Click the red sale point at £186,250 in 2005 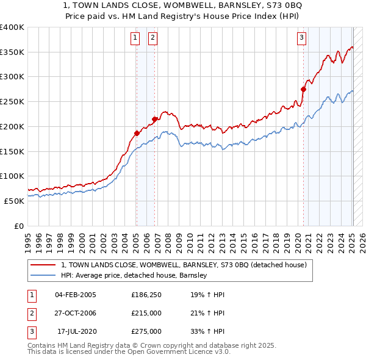(x=137, y=133)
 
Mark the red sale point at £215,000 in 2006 (x=155, y=119)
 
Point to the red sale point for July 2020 (x=303, y=89)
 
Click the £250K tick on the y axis (x=12, y=102)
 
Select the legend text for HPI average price (x=134, y=275)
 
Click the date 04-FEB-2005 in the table (x=75, y=295)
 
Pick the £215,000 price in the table (x=146, y=313)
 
